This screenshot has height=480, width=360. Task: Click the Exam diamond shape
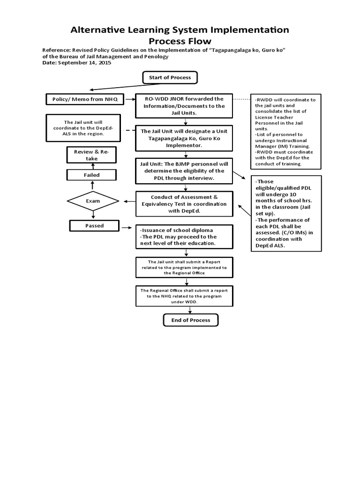[x=94, y=201]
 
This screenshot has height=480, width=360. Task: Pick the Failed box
[x=92, y=175]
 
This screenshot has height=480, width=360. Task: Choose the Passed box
[x=94, y=225]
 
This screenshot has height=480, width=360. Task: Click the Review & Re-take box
[x=92, y=155]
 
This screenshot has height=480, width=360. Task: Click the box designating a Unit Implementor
[x=184, y=138]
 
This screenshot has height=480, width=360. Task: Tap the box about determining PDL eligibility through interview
[x=184, y=171]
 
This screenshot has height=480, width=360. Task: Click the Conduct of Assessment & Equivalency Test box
[x=184, y=204]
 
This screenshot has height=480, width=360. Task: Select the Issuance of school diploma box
[x=184, y=237]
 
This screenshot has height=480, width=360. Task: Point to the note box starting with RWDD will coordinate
[x=285, y=132]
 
